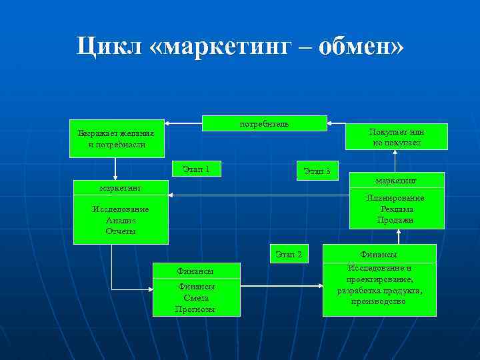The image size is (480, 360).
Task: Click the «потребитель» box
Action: (264, 123)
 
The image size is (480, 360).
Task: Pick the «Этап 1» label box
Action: (196, 169)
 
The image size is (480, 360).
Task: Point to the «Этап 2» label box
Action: (289, 254)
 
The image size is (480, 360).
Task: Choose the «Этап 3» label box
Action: (317, 171)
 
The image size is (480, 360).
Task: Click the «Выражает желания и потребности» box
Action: (111, 139)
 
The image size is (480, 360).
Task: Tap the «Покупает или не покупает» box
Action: (398, 137)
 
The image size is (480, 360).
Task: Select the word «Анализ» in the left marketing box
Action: (120, 221)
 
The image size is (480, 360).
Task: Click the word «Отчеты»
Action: (120, 231)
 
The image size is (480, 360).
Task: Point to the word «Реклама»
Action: (395, 209)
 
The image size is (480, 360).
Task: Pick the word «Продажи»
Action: (395, 220)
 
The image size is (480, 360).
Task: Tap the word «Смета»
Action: (196, 297)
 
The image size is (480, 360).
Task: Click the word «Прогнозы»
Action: (196, 308)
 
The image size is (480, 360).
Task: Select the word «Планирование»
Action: (395, 199)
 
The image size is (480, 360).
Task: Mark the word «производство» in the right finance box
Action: (379, 302)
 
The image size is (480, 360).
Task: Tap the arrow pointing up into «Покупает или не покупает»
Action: (395, 161)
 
